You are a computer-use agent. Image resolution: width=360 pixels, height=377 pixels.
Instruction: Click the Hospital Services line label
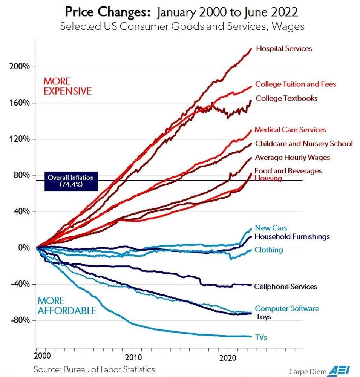pyautogui.click(x=284, y=48)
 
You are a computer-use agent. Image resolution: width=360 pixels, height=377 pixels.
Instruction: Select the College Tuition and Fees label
pyautogui.click(x=295, y=84)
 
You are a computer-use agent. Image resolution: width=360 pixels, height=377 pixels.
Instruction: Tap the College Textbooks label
pyautogui.click(x=286, y=98)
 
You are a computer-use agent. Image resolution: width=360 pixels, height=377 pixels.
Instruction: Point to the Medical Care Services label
pyautogui.click(x=290, y=130)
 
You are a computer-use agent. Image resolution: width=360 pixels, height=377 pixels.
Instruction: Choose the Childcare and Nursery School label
pyautogui.click(x=304, y=144)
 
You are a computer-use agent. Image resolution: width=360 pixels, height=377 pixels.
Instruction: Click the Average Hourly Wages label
pyautogui.click(x=292, y=158)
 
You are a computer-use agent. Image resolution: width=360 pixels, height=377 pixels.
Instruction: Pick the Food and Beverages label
pyautogui.click(x=288, y=171)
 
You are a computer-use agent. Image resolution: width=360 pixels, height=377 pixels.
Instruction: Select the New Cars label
pyautogui.click(x=271, y=228)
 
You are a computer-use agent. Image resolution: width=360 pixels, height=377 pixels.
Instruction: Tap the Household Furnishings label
pyautogui.click(x=292, y=236)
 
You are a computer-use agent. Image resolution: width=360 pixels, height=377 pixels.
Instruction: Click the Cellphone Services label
pyautogui.click(x=285, y=287)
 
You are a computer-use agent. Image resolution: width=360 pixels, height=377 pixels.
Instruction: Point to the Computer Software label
pyautogui.click(x=287, y=308)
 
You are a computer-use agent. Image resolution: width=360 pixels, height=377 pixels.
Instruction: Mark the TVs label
pyautogui.click(x=260, y=337)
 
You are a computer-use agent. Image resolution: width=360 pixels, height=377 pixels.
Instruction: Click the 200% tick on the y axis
pyautogui.click(x=19, y=67)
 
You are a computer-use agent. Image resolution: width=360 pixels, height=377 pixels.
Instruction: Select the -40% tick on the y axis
pyautogui.click(x=19, y=284)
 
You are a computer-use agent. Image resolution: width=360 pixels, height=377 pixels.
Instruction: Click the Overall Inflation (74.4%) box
pyautogui.click(x=70, y=181)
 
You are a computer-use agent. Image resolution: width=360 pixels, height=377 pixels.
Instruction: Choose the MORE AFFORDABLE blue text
pyautogui.click(x=66, y=306)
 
